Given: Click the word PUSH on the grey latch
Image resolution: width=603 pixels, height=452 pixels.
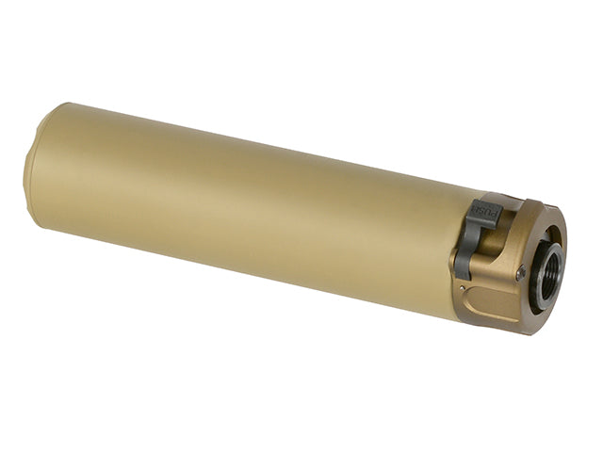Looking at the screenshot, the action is tap(486, 211).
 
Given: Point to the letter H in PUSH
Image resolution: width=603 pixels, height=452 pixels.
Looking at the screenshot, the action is tap(478, 209).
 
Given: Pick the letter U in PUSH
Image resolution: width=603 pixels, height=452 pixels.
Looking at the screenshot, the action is tap(488, 211).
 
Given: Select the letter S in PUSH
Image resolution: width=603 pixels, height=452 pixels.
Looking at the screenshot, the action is tap(483, 210).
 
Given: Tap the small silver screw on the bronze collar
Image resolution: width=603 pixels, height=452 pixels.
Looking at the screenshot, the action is tap(521, 272).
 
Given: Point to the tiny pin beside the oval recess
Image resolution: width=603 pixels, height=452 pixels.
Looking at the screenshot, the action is tap(463, 286).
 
